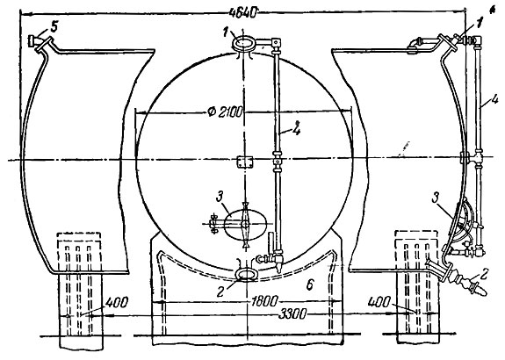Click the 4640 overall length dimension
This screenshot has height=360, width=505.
tap(244, 13)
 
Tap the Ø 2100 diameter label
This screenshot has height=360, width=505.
tap(225, 112)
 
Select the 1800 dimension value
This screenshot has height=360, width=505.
tap(264, 301)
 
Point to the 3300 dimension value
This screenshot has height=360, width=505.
tap(292, 314)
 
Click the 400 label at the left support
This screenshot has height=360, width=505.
tap(117, 302)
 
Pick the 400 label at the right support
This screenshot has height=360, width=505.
tap(379, 302)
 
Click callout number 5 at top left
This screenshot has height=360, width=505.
tap(54, 27)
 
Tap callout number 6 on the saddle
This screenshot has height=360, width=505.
tap(309, 285)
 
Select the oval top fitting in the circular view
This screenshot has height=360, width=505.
tap(244, 43)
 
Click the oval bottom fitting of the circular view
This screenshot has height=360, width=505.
tap(247, 275)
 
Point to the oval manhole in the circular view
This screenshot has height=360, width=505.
tap(245, 225)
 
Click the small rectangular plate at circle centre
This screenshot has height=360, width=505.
tap(245, 162)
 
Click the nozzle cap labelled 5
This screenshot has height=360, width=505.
tap(32, 41)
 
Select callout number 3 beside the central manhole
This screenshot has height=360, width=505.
tap(220, 197)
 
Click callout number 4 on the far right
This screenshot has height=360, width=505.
tap(494, 99)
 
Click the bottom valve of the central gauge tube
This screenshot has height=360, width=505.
tap(270, 258)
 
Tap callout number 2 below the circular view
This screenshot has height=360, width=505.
tap(220, 291)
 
